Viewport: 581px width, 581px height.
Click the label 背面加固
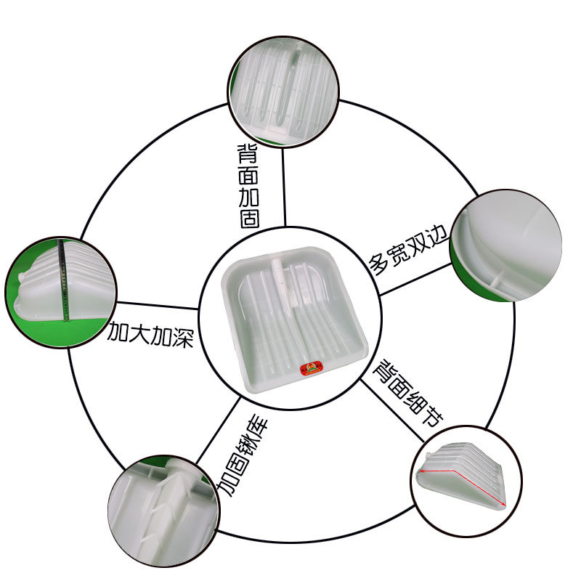click(248, 187)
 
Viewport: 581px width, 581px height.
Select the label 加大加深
click(150, 334)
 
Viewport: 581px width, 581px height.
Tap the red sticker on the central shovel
click(312, 369)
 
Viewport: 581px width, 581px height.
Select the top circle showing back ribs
click(283, 92)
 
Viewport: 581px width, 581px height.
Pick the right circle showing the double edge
click(505, 245)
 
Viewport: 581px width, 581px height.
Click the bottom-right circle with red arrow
click(466, 481)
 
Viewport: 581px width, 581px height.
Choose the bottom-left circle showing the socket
click(163, 511)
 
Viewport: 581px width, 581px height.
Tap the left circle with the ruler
click(61, 293)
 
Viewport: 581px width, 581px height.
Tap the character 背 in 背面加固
click(248, 154)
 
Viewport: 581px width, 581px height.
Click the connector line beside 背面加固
click(284, 187)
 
